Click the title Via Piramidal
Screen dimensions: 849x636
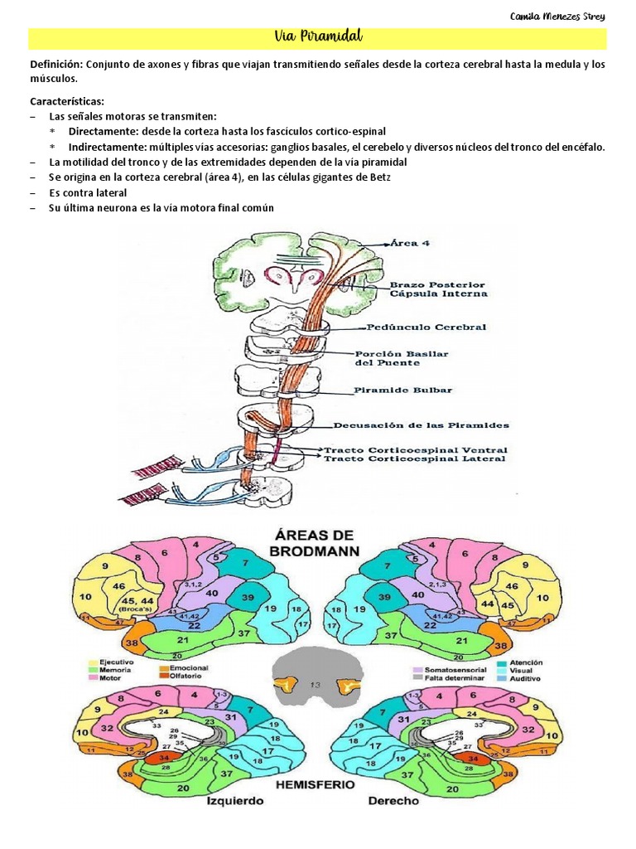tap(317, 37)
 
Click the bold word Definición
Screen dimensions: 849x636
tap(55, 65)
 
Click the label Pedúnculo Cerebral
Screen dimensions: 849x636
tap(432, 327)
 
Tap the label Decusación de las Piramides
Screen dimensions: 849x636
tap(421, 425)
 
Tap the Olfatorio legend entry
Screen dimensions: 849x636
tap(190, 677)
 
